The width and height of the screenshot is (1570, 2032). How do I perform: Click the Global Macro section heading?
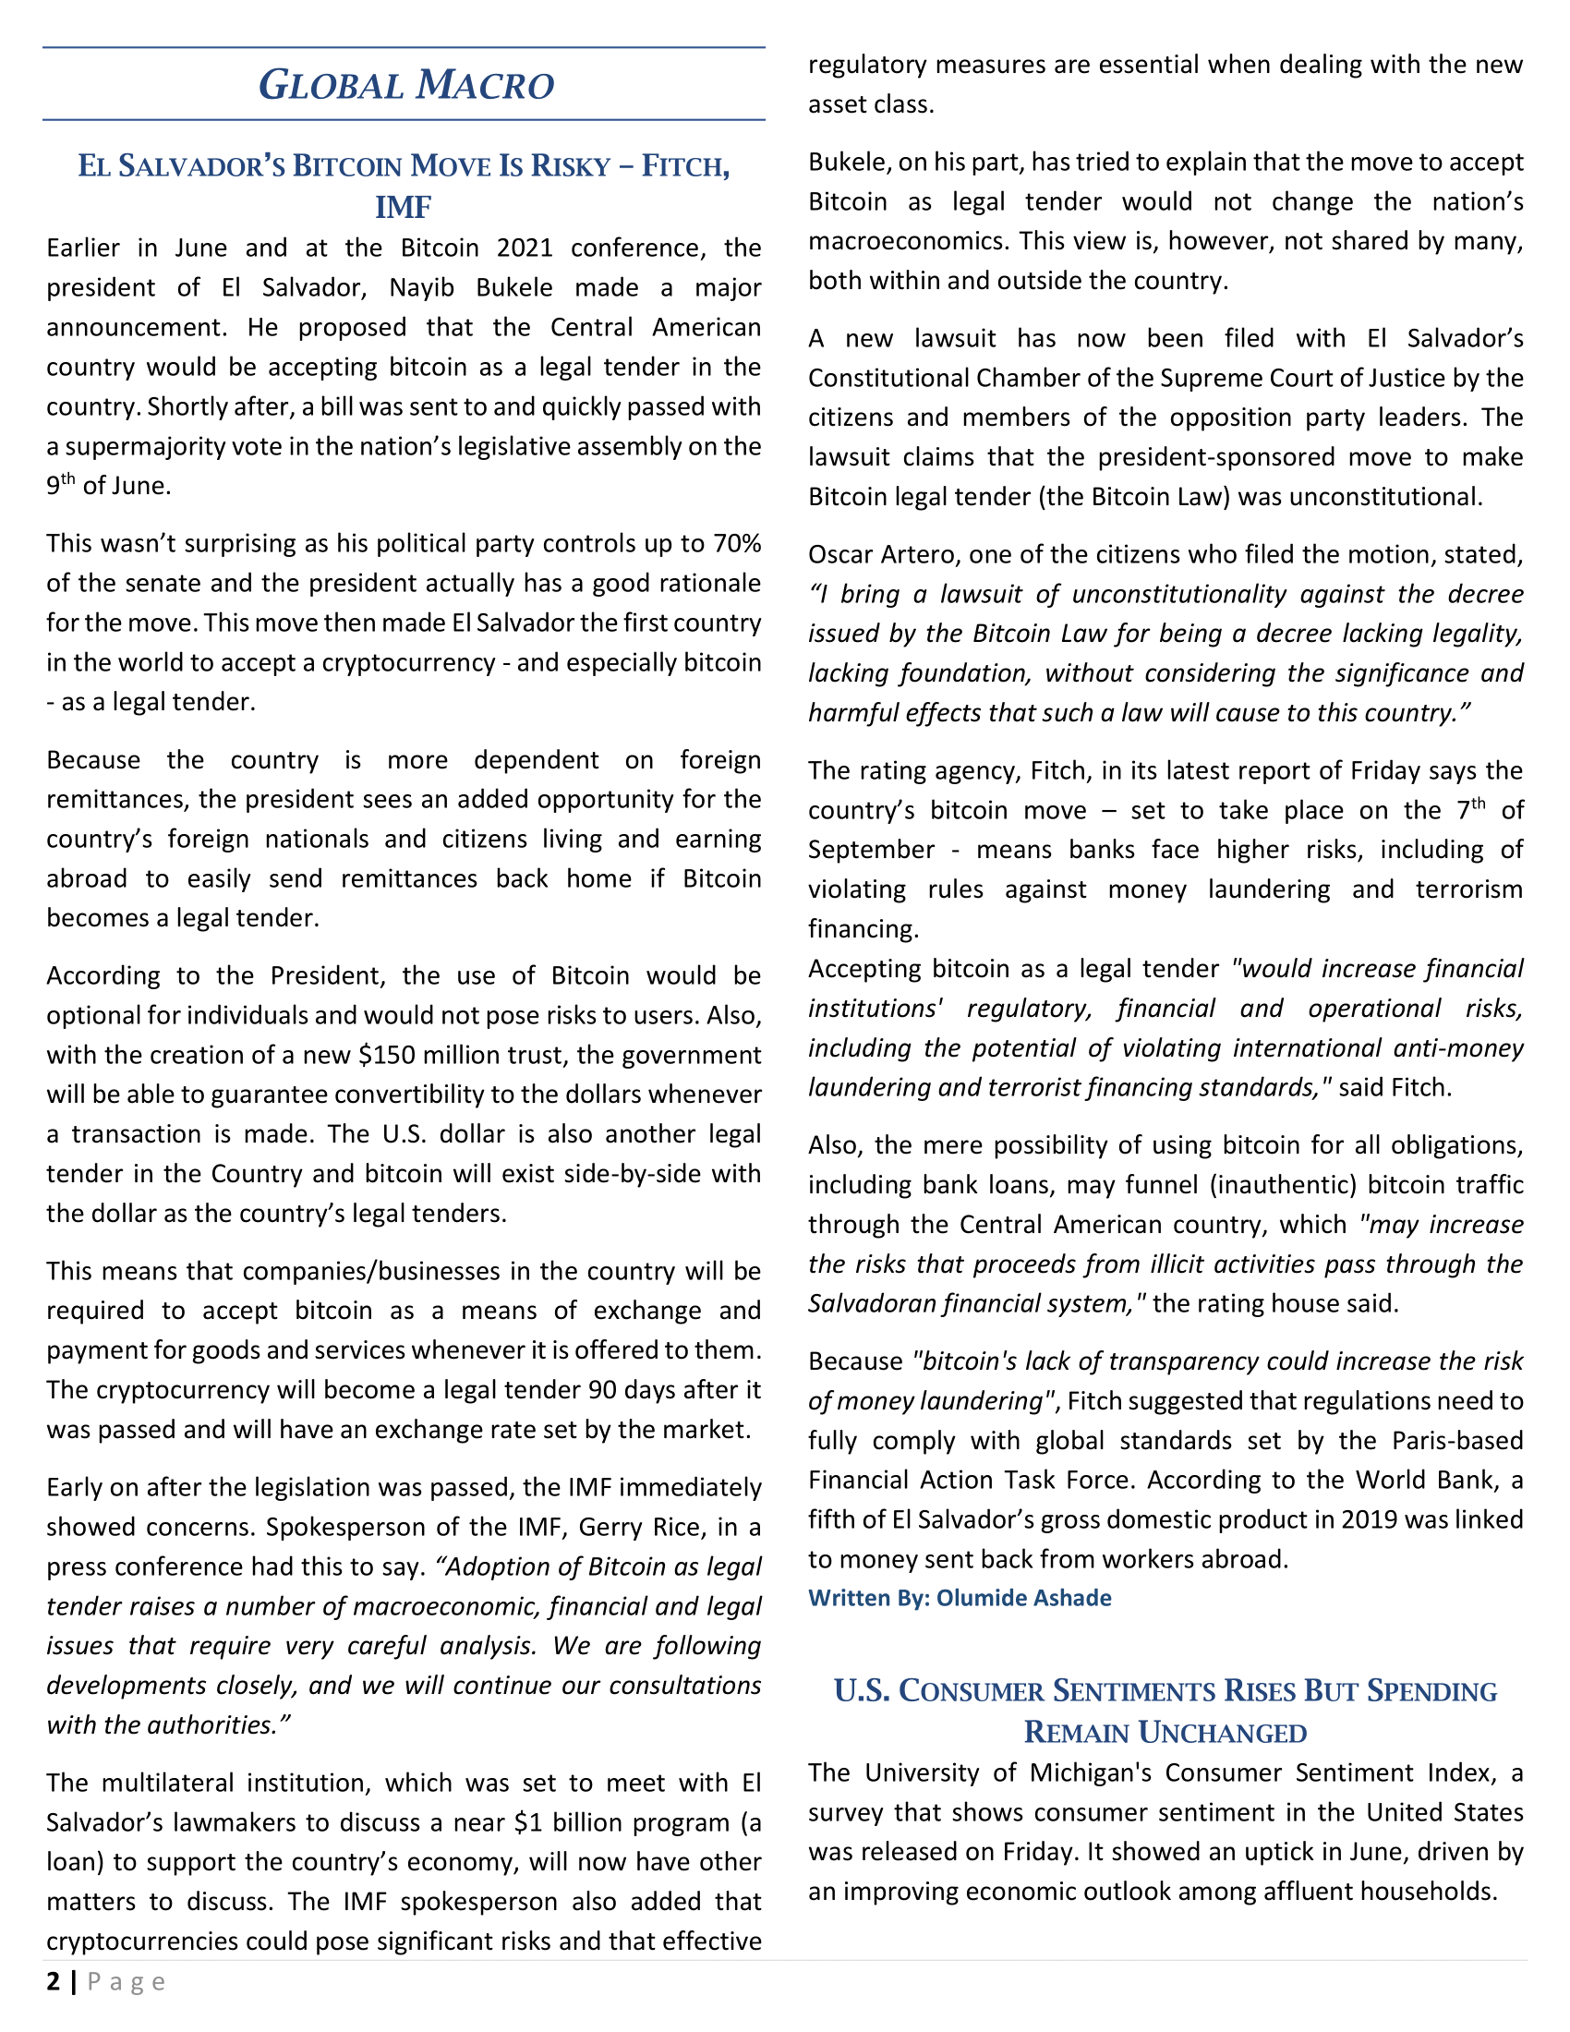pos(405,85)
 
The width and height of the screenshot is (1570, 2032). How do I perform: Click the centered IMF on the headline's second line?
pos(403,207)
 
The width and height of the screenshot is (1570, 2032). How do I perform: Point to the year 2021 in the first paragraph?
pos(525,248)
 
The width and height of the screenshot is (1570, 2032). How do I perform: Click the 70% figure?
pos(737,543)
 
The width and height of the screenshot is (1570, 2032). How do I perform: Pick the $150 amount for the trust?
pos(381,1055)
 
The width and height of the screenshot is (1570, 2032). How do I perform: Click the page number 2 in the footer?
pos(54,1982)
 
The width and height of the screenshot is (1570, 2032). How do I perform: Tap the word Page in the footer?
pos(127,1983)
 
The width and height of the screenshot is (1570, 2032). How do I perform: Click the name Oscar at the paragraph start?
pos(837,554)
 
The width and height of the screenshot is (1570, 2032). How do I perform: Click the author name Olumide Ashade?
pos(1023,1598)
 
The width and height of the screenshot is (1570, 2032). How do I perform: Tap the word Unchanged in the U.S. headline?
pos(1222,1733)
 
